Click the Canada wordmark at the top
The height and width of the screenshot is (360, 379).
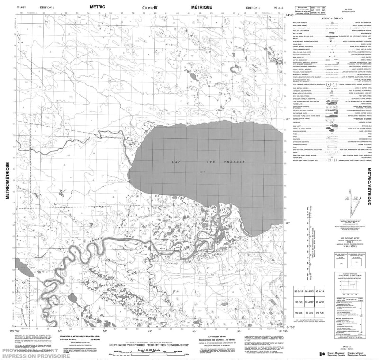(x=151, y=7)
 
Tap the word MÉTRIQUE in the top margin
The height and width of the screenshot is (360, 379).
(x=201, y=7)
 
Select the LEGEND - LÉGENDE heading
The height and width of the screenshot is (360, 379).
(x=331, y=18)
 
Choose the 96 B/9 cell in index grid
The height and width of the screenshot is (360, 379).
(x=298, y=302)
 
